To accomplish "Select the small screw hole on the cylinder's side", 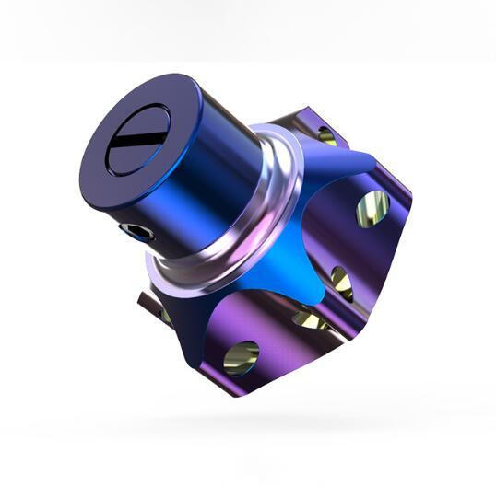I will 139,230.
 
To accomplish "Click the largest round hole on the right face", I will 372,209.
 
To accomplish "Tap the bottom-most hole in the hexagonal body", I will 242,355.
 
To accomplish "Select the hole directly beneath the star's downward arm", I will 310,319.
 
